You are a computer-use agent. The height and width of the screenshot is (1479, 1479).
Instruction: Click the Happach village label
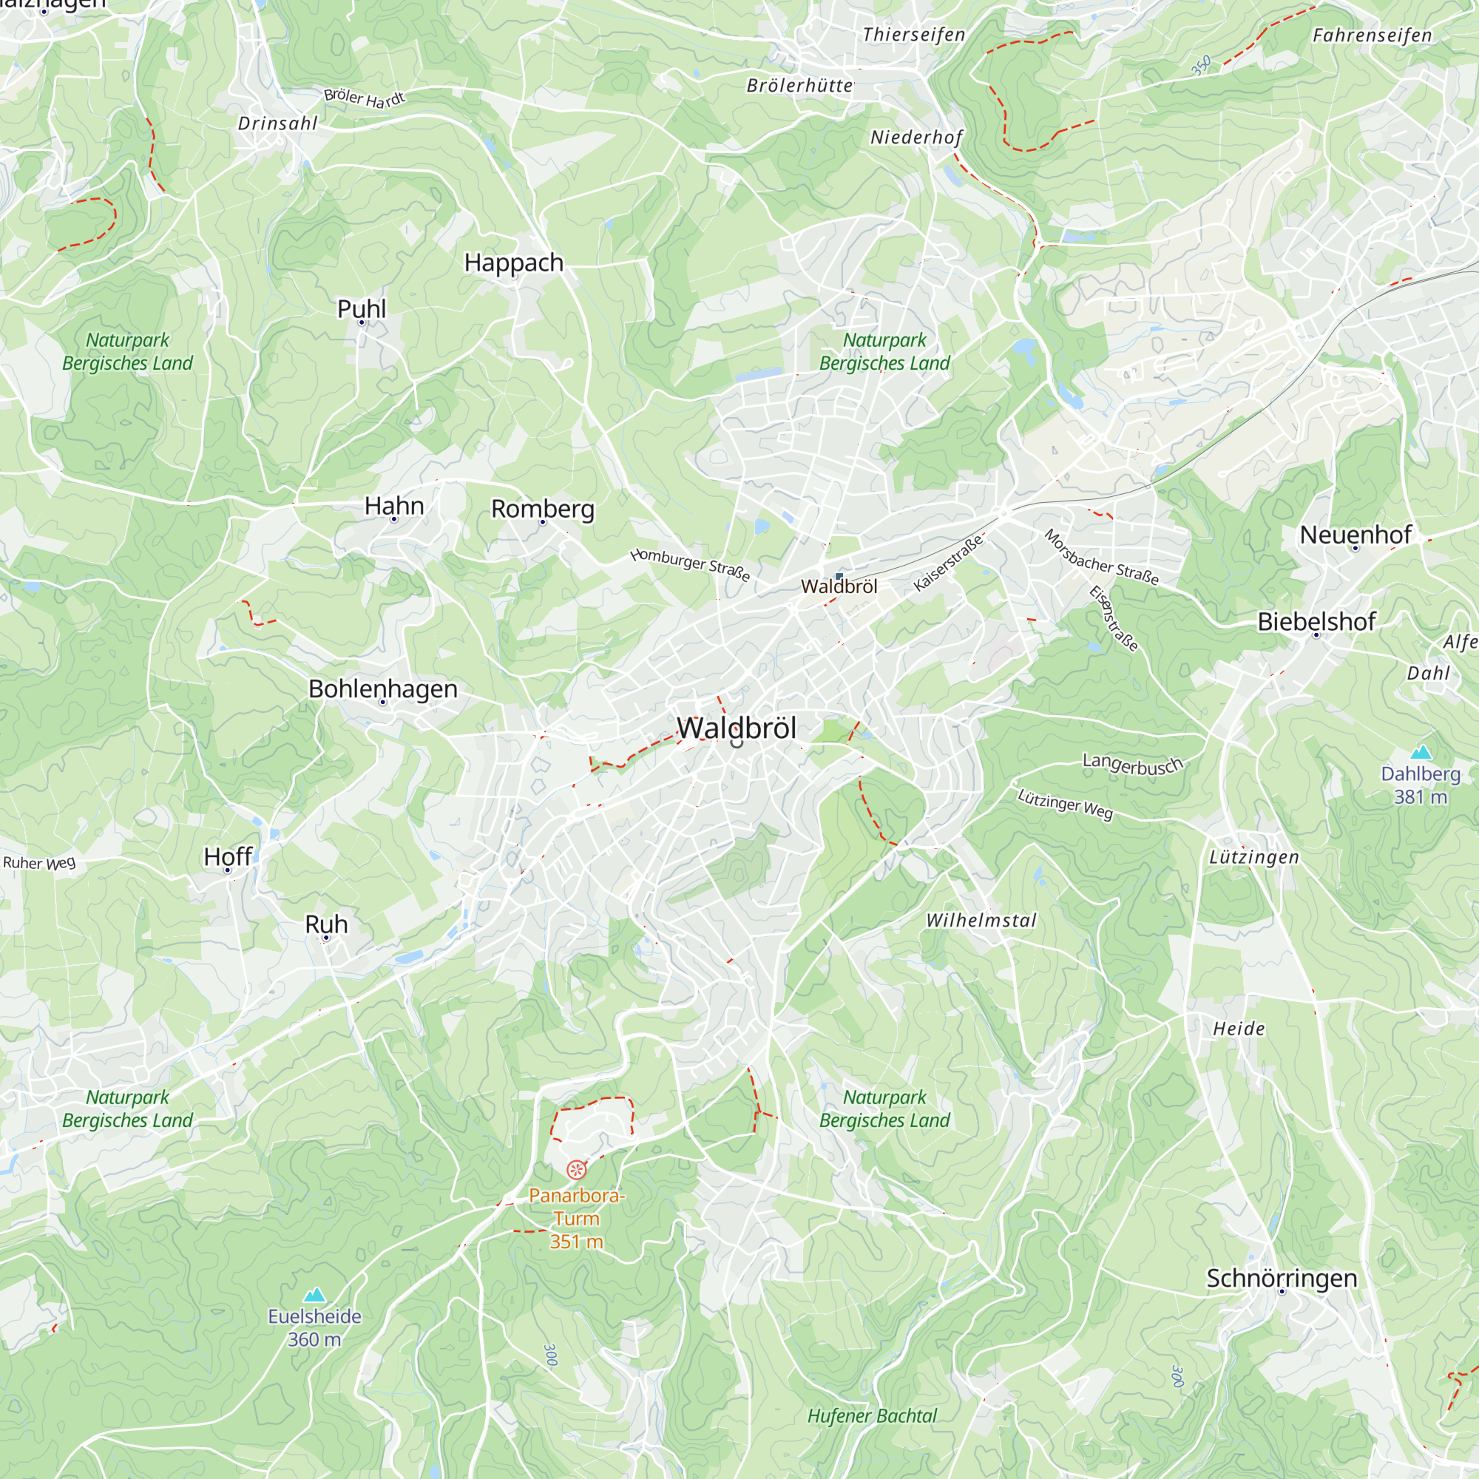[514, 263]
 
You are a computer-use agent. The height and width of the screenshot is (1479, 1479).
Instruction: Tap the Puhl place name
[362, 309]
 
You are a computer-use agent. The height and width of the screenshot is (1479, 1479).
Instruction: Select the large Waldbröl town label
[737, 727]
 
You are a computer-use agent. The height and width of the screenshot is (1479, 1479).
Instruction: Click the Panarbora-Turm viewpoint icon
[577, 1170]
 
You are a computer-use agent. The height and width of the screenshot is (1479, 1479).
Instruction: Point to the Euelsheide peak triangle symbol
[314, 1296]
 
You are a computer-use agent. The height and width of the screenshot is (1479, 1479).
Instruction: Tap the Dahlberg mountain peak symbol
[1421, 752]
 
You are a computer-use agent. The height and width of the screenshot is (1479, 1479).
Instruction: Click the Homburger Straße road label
[690, 564]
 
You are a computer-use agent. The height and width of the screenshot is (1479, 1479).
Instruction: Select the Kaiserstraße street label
[948, 563]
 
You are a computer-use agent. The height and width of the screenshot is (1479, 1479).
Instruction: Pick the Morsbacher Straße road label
[1101, 558]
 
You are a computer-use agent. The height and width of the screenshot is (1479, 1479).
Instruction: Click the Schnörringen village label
[1282, 1278]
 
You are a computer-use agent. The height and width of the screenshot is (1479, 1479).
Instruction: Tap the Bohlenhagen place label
[383, 688]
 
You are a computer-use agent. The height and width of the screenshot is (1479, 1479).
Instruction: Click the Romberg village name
[543, 508]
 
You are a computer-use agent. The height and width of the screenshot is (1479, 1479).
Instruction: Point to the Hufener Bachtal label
[872, 1416]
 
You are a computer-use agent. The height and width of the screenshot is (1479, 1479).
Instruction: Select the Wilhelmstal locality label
[981, 920]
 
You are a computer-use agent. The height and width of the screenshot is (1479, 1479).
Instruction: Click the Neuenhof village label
[1355, 535]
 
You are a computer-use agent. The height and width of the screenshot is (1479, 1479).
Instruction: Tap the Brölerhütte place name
[799, 86]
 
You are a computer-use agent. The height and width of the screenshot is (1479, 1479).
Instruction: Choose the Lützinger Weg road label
[1064, 804]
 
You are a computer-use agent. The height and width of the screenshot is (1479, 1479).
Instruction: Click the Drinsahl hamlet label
[277, 123]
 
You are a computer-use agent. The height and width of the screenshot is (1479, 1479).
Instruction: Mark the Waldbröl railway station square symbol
[839, 575]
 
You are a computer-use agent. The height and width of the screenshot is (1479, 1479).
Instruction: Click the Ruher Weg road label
[40, 863]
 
